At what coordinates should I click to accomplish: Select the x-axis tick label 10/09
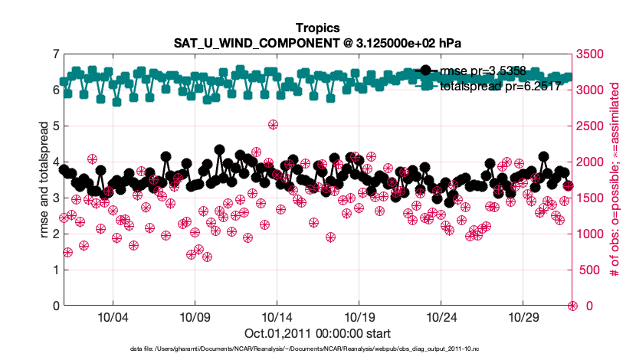[x=195, y=317]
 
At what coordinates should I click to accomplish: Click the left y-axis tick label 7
[x=55, y=54]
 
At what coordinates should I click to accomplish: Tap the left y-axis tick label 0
[x=55, y=306]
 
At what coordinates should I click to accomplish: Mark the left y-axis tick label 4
[x=55, y=162]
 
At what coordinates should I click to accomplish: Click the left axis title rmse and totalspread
[x=44, y=179]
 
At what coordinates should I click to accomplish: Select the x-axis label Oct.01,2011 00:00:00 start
[x=317, y=333]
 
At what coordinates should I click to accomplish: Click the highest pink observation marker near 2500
[x=273, y=125]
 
